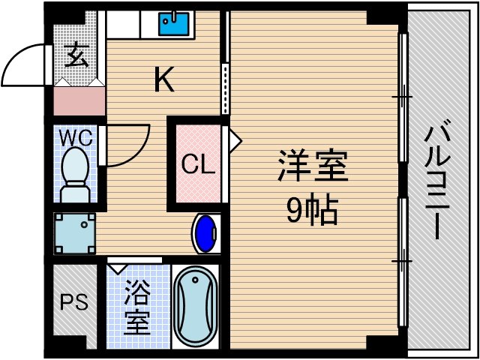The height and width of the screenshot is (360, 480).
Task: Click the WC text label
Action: tap(76, 138)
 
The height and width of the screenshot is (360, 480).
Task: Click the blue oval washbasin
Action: tap(205, 234)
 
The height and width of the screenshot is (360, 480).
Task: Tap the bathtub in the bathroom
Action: tap(195, 306)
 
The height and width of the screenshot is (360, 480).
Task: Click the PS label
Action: tap(74, 303)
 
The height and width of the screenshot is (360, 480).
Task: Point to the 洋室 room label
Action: tap(313, 166)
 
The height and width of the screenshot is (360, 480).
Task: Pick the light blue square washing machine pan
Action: tap(74, 233)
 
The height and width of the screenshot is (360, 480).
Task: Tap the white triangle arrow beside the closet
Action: tap(235, 139)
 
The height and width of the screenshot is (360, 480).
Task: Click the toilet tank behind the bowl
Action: tap(74, 193)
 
